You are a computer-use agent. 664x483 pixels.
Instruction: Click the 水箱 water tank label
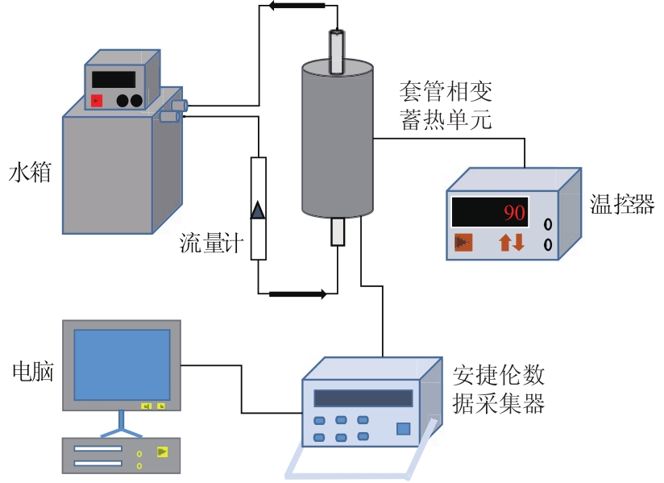tap(30, 173)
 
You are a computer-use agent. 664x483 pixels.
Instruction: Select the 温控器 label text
tap(622, 203)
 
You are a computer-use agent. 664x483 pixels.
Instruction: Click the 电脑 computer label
tap(33, 371)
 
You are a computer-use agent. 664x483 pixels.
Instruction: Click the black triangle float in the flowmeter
tap(258, 210)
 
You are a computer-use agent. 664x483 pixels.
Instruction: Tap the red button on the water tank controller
tap(97, 101)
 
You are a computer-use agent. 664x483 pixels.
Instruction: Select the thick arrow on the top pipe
tap(297, 6)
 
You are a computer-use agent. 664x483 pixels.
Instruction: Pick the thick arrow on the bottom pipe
tap(298, 294)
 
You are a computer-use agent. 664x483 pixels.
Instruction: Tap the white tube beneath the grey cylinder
tap(338, 232)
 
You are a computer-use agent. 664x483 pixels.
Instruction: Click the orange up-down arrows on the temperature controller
tap(512, 241)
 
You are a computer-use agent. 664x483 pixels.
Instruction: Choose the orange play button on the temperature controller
tap(463, 242)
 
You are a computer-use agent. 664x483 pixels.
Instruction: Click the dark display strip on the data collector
tap(363, 398)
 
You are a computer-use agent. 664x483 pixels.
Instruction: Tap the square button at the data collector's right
tap(403, 429)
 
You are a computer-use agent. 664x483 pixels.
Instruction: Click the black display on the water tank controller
tap(113, 79)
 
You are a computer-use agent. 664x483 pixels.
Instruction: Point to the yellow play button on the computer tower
tap(164, 452)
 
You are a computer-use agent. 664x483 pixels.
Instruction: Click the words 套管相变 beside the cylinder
tap(446, 90)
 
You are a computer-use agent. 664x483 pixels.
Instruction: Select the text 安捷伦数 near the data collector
tap(499, 375)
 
